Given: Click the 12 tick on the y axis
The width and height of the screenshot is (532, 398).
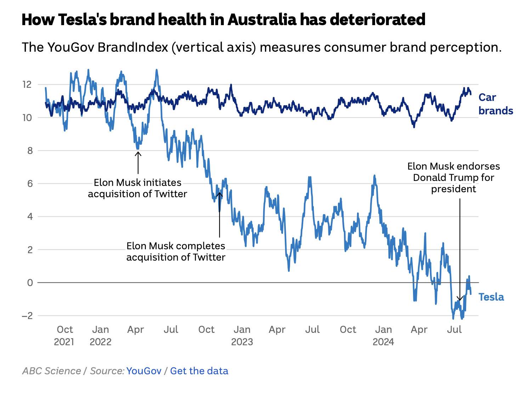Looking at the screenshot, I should point(27,85).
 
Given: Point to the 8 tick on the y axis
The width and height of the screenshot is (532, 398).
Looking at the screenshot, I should point(30,151).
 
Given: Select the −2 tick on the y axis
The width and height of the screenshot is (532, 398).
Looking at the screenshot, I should point(27,315).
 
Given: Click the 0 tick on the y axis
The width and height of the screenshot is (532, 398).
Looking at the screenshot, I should point(30,283).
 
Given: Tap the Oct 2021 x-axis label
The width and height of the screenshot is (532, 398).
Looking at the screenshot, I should point(64,335).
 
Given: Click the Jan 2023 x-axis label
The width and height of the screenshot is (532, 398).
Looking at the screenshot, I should point(242,335).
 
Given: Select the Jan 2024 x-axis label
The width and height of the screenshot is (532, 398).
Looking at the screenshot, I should point(383,335).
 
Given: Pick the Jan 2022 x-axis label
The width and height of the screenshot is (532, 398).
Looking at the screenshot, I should point(100,335).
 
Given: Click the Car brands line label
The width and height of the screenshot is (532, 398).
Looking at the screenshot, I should point(495,104).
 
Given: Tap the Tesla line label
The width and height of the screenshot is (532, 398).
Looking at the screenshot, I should point(491,297).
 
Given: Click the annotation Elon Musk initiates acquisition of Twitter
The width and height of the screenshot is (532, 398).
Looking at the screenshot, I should point(137,188).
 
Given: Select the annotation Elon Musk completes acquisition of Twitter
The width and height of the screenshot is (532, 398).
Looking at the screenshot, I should point(176,251).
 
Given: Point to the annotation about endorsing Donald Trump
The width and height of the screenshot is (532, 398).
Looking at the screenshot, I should point(453,177).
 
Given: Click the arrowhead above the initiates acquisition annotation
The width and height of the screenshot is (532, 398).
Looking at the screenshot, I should point(138,153).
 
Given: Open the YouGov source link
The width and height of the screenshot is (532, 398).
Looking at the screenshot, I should point(144,371).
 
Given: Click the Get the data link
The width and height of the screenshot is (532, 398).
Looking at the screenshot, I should point(199,371).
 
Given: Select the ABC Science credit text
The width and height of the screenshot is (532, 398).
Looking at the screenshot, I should point(52,371).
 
